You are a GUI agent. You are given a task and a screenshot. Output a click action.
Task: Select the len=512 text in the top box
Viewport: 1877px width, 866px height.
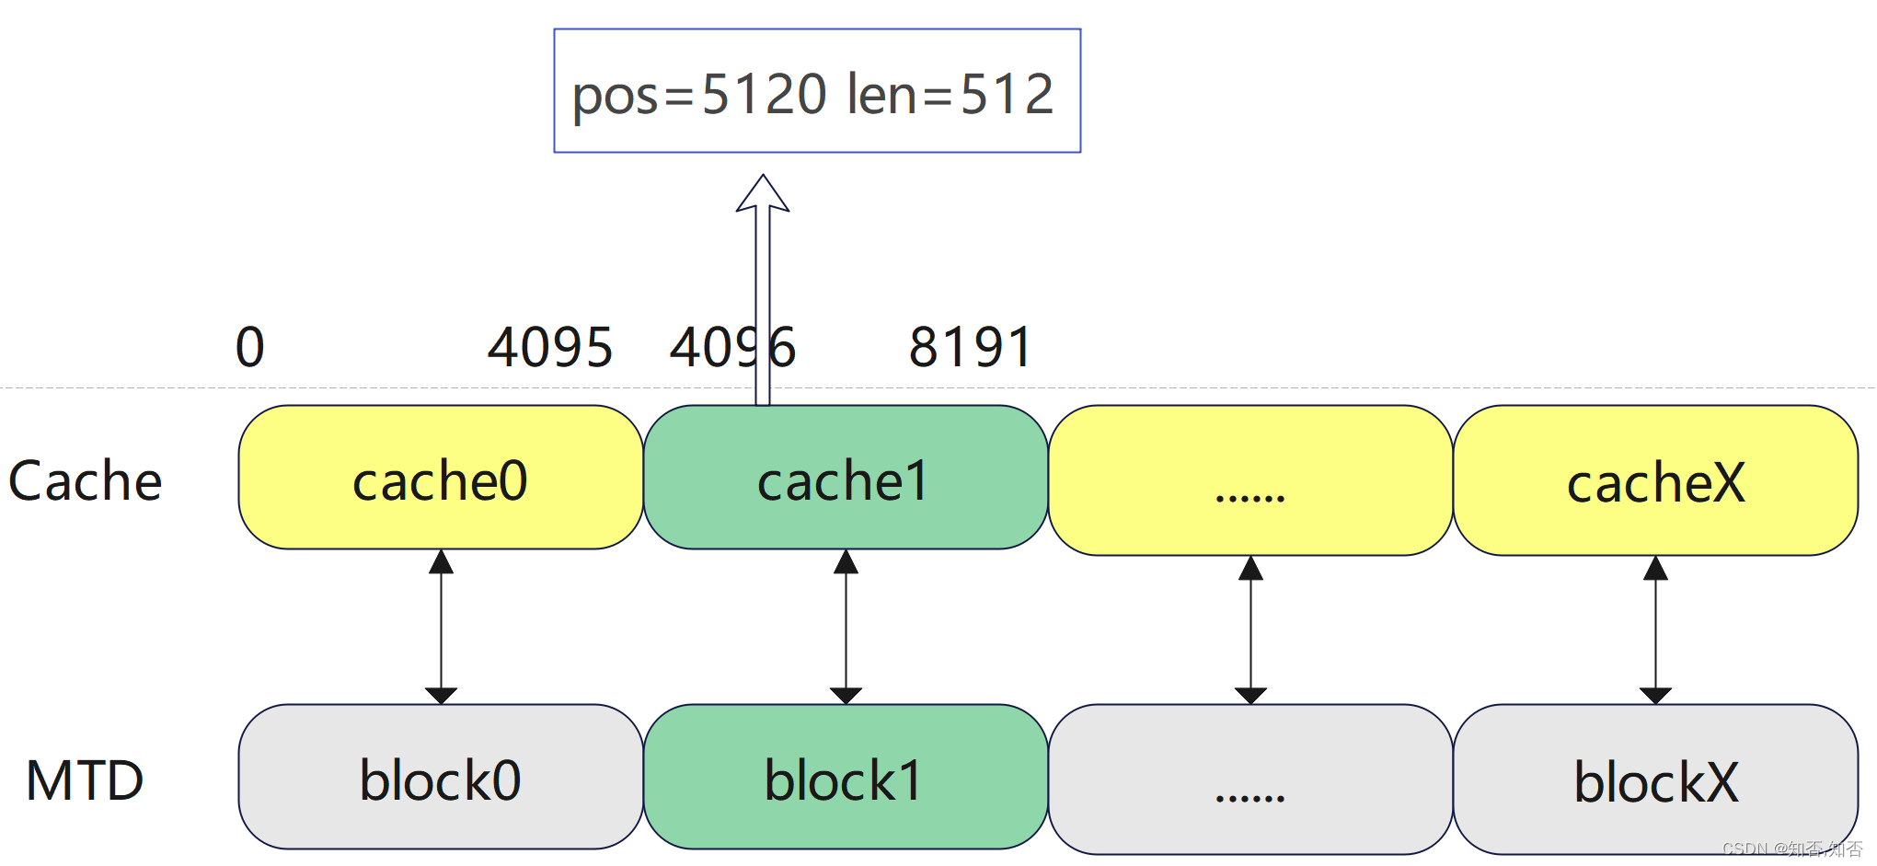[x=950, y=95]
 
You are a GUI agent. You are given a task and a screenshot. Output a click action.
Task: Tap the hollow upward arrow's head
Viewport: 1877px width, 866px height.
[x=763, y=193]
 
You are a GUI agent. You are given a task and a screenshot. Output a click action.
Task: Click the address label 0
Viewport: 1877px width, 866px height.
[x=250, y=347]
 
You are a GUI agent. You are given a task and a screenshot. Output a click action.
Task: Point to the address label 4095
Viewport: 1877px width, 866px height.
[x=550, y=347]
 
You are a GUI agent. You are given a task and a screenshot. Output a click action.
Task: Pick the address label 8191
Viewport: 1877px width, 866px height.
[x=971, y=347]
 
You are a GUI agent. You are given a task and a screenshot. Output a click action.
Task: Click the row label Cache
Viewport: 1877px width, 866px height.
[x=85, y=480]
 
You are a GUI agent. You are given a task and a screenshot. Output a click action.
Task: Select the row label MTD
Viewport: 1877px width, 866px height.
[x=85, y=780]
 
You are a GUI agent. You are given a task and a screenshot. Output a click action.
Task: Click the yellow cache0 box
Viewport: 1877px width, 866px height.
[x=441, y=479]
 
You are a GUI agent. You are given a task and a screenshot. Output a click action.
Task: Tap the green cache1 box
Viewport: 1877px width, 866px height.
[x=846, y=479]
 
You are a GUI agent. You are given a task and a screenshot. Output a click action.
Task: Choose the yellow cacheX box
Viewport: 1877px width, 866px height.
[x=1655, y=481]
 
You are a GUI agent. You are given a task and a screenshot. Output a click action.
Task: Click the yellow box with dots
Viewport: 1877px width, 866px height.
[x=1250, y=481]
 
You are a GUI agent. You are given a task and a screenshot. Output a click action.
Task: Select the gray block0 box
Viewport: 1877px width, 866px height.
[x=441, y=778]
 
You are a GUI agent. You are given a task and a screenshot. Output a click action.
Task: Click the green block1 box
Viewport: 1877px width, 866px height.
[x=846, y=778]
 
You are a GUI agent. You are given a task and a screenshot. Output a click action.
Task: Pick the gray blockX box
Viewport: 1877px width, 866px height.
[x=1655, y=780]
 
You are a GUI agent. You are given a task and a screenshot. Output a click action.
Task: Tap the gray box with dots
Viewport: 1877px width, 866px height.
[x=1250, y=780]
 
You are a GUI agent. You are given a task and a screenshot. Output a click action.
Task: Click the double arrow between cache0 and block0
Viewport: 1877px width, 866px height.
[x=442, y=627]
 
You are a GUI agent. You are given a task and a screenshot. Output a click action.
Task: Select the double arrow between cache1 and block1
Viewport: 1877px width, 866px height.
[x=846, y=627]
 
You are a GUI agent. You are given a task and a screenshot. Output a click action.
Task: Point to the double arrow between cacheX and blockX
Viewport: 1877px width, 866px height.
[x=1655, y=630]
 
